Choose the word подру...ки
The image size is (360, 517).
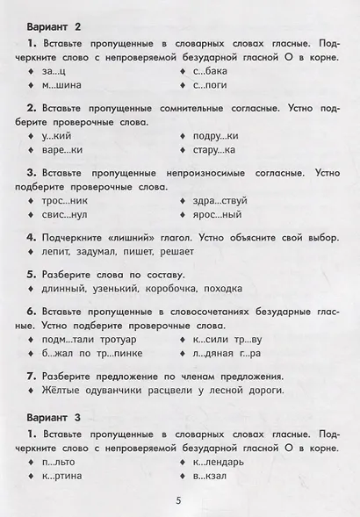[215, 136]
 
